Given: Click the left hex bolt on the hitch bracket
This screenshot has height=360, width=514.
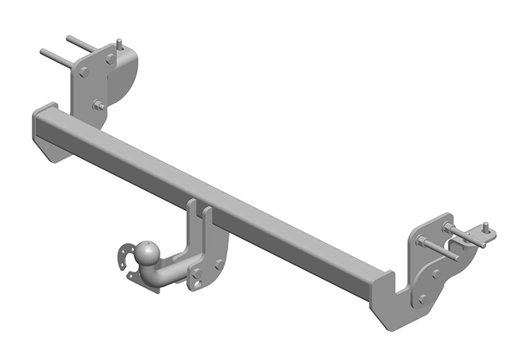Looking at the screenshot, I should coord(197,273).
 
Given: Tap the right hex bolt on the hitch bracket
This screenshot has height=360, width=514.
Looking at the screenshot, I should coord(218,264).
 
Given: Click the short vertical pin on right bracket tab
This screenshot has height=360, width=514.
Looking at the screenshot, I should coord(485,227).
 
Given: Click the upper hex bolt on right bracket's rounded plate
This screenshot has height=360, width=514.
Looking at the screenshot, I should coord(436,274).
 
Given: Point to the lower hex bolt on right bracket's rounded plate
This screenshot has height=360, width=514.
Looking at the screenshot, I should coord(423,299).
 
